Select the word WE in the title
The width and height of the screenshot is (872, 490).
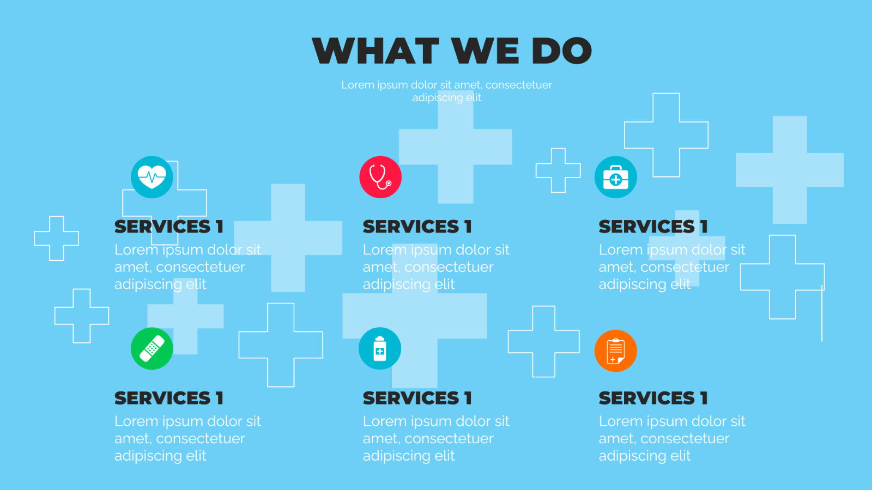point(485,51)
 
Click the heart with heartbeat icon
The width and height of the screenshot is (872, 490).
point(152,177)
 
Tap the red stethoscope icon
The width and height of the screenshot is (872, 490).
point(380,177)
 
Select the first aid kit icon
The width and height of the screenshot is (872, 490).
point(616,177)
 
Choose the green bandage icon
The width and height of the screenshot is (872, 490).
point(152,348)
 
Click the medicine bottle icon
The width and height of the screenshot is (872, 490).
point(380,348)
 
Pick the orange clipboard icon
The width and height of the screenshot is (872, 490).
point(616,351)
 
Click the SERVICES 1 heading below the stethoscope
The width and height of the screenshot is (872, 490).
point(417,226)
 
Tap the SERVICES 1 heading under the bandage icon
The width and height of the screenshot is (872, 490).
point(169,398)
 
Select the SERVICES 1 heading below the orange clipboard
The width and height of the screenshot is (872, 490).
point(653,398)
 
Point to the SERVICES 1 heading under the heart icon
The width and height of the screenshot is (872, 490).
point(169,226)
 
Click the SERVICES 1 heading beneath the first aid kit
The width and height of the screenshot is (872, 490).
point(653,226)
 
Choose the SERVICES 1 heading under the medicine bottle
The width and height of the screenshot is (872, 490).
point(417,398)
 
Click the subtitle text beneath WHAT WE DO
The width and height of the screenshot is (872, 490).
point(447,91)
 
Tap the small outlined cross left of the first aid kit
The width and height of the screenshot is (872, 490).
point(558,170)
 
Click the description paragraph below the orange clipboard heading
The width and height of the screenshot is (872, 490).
point(671,438)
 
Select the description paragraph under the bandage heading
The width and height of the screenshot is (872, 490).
point(187,438)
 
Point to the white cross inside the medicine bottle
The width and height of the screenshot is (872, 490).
point(380,352)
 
